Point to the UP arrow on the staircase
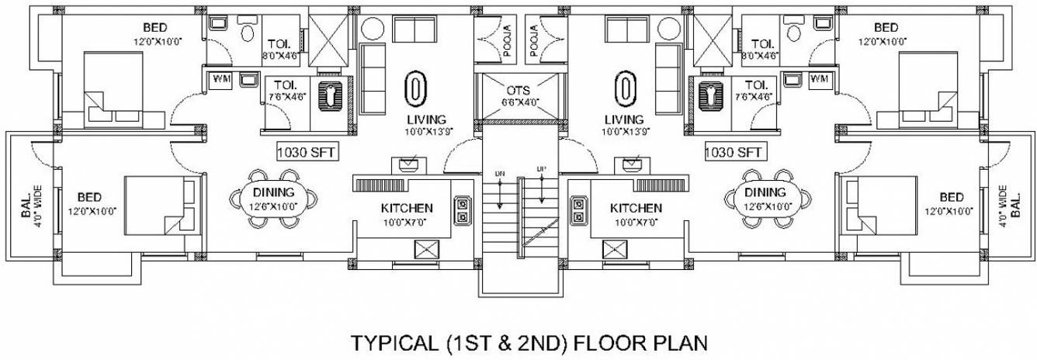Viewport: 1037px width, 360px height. (x=540, y=186)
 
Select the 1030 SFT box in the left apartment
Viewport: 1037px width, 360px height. (x=307, y=152)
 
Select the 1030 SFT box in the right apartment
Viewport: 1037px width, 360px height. (x=734, y=152)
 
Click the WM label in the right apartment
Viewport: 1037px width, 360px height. (x=818, y=78)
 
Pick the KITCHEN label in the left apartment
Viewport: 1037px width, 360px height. (x=406, y=208)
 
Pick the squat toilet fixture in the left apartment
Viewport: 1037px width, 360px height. (x=335, y=95)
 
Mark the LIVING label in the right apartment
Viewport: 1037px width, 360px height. (x=623, y=119)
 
